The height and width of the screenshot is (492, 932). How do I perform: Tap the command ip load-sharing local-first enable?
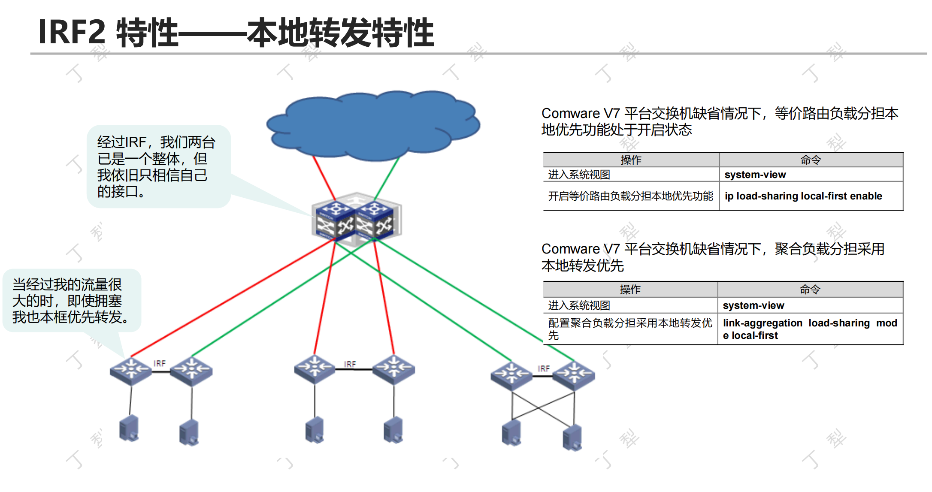[803, 196]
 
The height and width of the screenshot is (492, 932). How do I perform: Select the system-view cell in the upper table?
[755, 175]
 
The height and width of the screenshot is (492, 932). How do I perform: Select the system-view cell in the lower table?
[753, 305]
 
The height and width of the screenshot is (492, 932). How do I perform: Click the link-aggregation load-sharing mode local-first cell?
[810, 329]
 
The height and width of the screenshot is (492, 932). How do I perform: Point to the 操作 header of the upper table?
[631, 160]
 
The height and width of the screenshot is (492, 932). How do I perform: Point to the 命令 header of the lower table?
[810, 290]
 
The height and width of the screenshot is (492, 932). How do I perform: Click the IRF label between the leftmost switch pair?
[160, 363]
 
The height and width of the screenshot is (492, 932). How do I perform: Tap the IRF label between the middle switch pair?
[350, 364]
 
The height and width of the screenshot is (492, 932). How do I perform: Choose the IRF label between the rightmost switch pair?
[544, 368]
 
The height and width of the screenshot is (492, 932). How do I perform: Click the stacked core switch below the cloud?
[356, 220]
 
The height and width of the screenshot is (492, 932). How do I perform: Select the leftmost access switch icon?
[131, 370]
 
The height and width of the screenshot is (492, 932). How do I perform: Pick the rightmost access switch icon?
[574, 374]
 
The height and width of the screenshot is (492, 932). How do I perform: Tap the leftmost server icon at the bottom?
[129, 428]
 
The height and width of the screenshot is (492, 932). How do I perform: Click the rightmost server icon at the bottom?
[572, 438]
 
